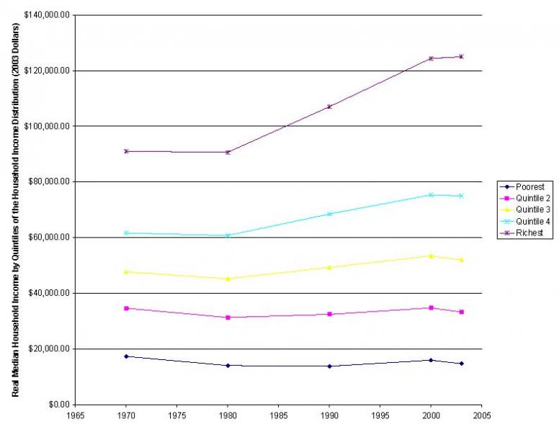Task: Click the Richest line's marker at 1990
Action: tap(329, 107)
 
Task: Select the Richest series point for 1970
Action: tap(126, 151)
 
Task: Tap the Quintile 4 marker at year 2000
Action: tap(431, 194)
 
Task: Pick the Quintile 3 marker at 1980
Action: tap(228, 279)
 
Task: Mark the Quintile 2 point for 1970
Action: tap(126, 308)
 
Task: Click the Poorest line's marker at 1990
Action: tap(329, 366)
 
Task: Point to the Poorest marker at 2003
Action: tap(461, 364)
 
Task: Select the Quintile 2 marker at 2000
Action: tap(431, 307)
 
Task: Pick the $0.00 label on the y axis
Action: tap(58, 405)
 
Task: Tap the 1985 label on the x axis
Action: tap(279, 415)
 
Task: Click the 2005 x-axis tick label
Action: tap(481, 415)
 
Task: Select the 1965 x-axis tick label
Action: tap(76, 415)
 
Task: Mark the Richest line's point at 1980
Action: tap(228, 152)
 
